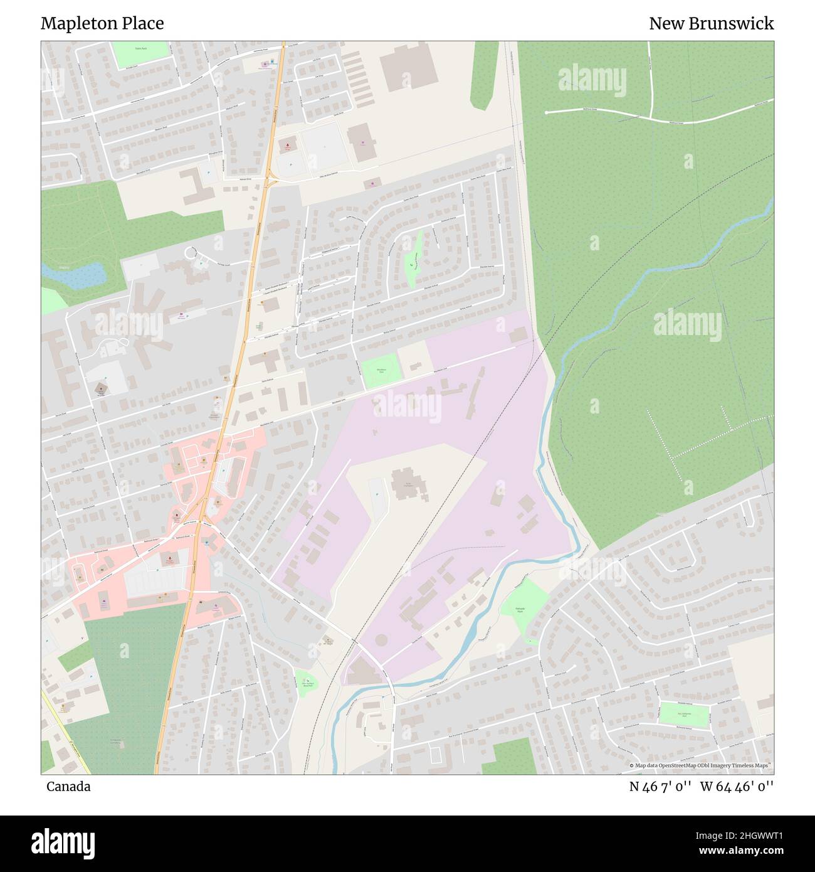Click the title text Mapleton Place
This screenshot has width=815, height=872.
coord(102,24)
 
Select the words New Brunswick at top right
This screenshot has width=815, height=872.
coord(711,24)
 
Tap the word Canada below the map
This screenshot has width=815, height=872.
coord(68,787)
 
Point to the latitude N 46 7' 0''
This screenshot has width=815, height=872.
coord(660,787)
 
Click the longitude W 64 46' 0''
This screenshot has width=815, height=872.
coord(737,787)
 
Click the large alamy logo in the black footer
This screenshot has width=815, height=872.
coord(63,843)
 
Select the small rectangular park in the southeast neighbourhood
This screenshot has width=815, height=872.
coord(684,714)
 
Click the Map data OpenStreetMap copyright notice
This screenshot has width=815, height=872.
coord(700,765)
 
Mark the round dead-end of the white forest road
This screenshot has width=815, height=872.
coord(547,112)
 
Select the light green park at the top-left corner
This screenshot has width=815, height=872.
coord(140,55)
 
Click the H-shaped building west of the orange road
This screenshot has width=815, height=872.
coord(197,186)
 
